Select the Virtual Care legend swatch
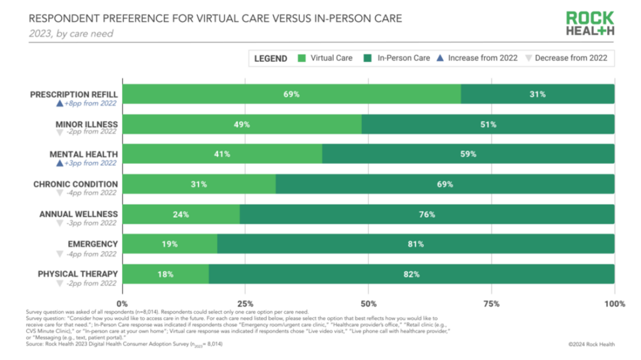click(302, 58)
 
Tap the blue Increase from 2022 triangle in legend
click(440, 58)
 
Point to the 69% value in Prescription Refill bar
click(292, 94)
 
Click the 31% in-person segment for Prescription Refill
click(537, 94)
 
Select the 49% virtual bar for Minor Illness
click(242, 125)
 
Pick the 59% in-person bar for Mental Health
click(468, 154)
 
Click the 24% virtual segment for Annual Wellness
click(182, 214)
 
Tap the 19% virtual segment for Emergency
click(170, 244)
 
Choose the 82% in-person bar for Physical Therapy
click(411, 274)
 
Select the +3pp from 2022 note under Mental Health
click(90, 163)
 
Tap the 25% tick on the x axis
click(245, 304)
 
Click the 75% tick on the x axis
click(491, 304)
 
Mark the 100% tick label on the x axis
click(615, 304)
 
